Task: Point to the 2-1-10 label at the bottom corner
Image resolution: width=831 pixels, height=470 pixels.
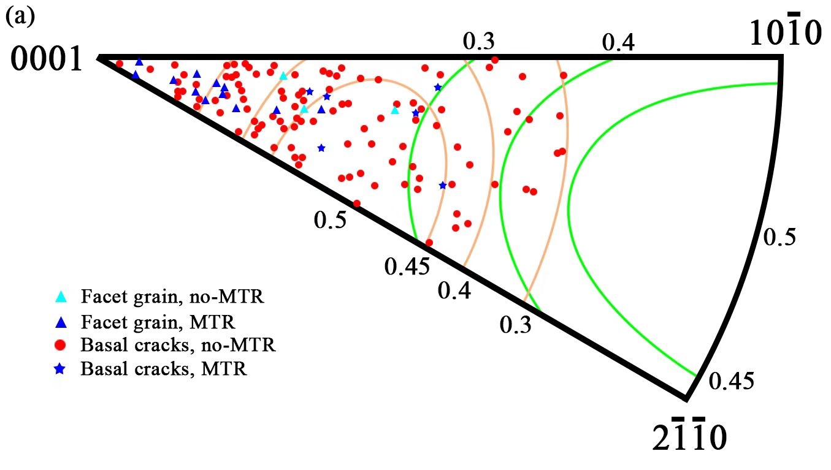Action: [x=689, y=435]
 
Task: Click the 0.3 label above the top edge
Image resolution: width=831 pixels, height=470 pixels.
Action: [x=478, y=41]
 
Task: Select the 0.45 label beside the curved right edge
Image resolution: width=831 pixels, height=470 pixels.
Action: [x=730, y=381]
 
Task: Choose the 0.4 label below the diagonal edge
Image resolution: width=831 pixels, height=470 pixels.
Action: [x=454, y=290]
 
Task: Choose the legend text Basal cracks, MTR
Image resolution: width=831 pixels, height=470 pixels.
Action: [x=164, y=369]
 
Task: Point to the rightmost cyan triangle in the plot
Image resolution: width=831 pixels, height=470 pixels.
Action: [x=395, y=110]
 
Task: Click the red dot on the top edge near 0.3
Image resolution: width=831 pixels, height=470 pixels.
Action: [x=495, y=59]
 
